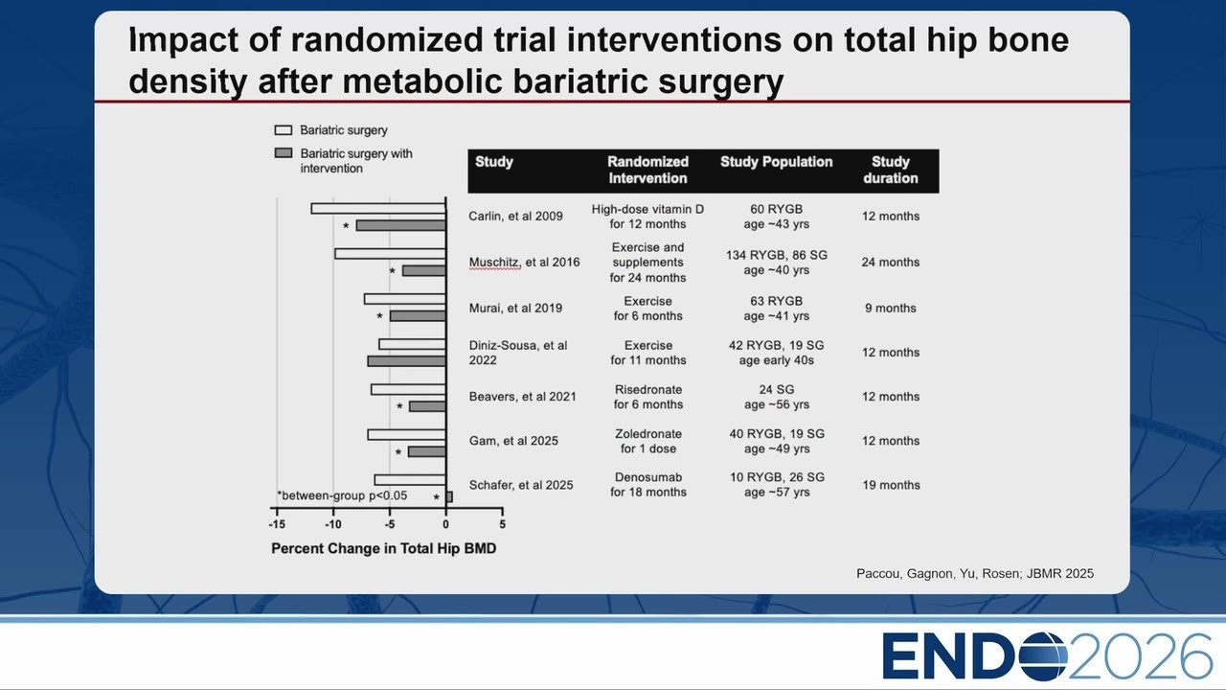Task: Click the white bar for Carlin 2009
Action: tap(378, 209)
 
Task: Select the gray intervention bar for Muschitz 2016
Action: tap(424, 270)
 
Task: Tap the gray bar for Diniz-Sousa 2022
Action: tap(407, 361)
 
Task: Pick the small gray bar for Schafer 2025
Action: tap(449, 496)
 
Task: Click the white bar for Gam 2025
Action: tap(407, 435)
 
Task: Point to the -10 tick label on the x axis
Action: tap(332, 524)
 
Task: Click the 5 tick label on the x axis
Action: tap(503, 524)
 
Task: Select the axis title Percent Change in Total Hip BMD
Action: tap(384, 549)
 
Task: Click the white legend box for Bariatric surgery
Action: tap(283, 130)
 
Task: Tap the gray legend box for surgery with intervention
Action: tap(283, 152)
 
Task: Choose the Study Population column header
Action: tap(776, 162)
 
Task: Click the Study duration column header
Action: tap(891, 170)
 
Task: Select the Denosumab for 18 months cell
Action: tap(648, 485)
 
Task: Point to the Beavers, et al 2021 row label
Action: tap(522, 397)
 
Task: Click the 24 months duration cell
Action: tap(891, 263)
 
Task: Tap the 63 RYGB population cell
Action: tap(776, 309)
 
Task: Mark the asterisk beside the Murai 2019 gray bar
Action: tap(379, 316)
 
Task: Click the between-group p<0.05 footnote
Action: tap(342, 495)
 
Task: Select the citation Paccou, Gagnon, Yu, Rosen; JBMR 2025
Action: tap(975, 573)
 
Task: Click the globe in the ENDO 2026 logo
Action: tap(1043, 656)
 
